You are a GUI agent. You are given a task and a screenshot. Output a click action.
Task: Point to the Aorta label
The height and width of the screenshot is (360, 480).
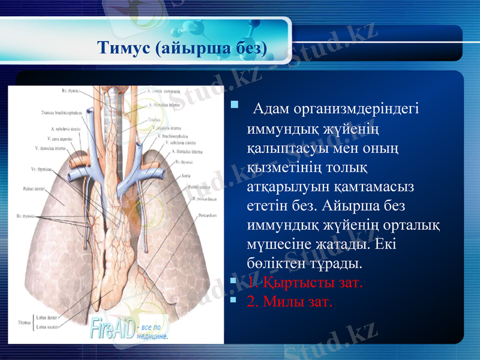[187, 175]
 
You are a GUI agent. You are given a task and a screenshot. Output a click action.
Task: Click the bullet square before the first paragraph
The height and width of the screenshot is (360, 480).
[234, 107]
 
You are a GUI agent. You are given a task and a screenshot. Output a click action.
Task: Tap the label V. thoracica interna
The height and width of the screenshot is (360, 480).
[55, 147]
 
